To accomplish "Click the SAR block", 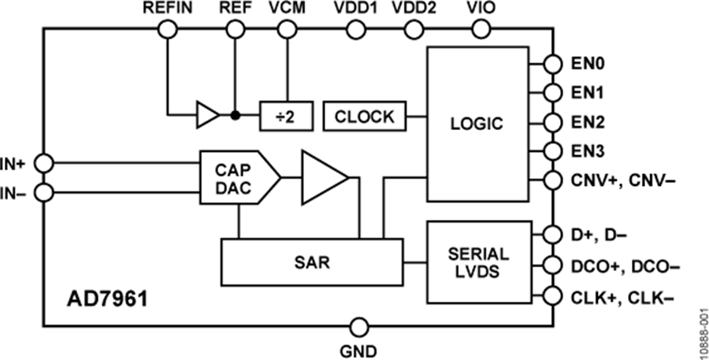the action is coord(311,262).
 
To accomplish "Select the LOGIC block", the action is coord(477,124).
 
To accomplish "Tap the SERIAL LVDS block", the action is coord(478,262).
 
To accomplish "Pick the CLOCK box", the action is coord(365,117).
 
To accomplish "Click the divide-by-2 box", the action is coord(286,117).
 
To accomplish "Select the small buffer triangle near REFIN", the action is coord(208,115).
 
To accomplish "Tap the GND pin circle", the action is coord(359,326).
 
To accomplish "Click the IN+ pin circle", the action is coord(44,163).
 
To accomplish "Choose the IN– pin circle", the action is coord(44,193).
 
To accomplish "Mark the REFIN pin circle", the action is coord(168,30).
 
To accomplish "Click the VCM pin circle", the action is coord(286,30).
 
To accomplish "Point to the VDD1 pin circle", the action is coord(356,30).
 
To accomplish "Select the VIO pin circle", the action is coord(481,30).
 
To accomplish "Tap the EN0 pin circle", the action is coord(552,64).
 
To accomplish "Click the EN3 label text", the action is coord(587,150).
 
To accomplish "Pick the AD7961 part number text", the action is coord(108,300).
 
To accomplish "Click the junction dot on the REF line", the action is coord(235,115).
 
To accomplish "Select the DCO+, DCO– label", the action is coord(625,266).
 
